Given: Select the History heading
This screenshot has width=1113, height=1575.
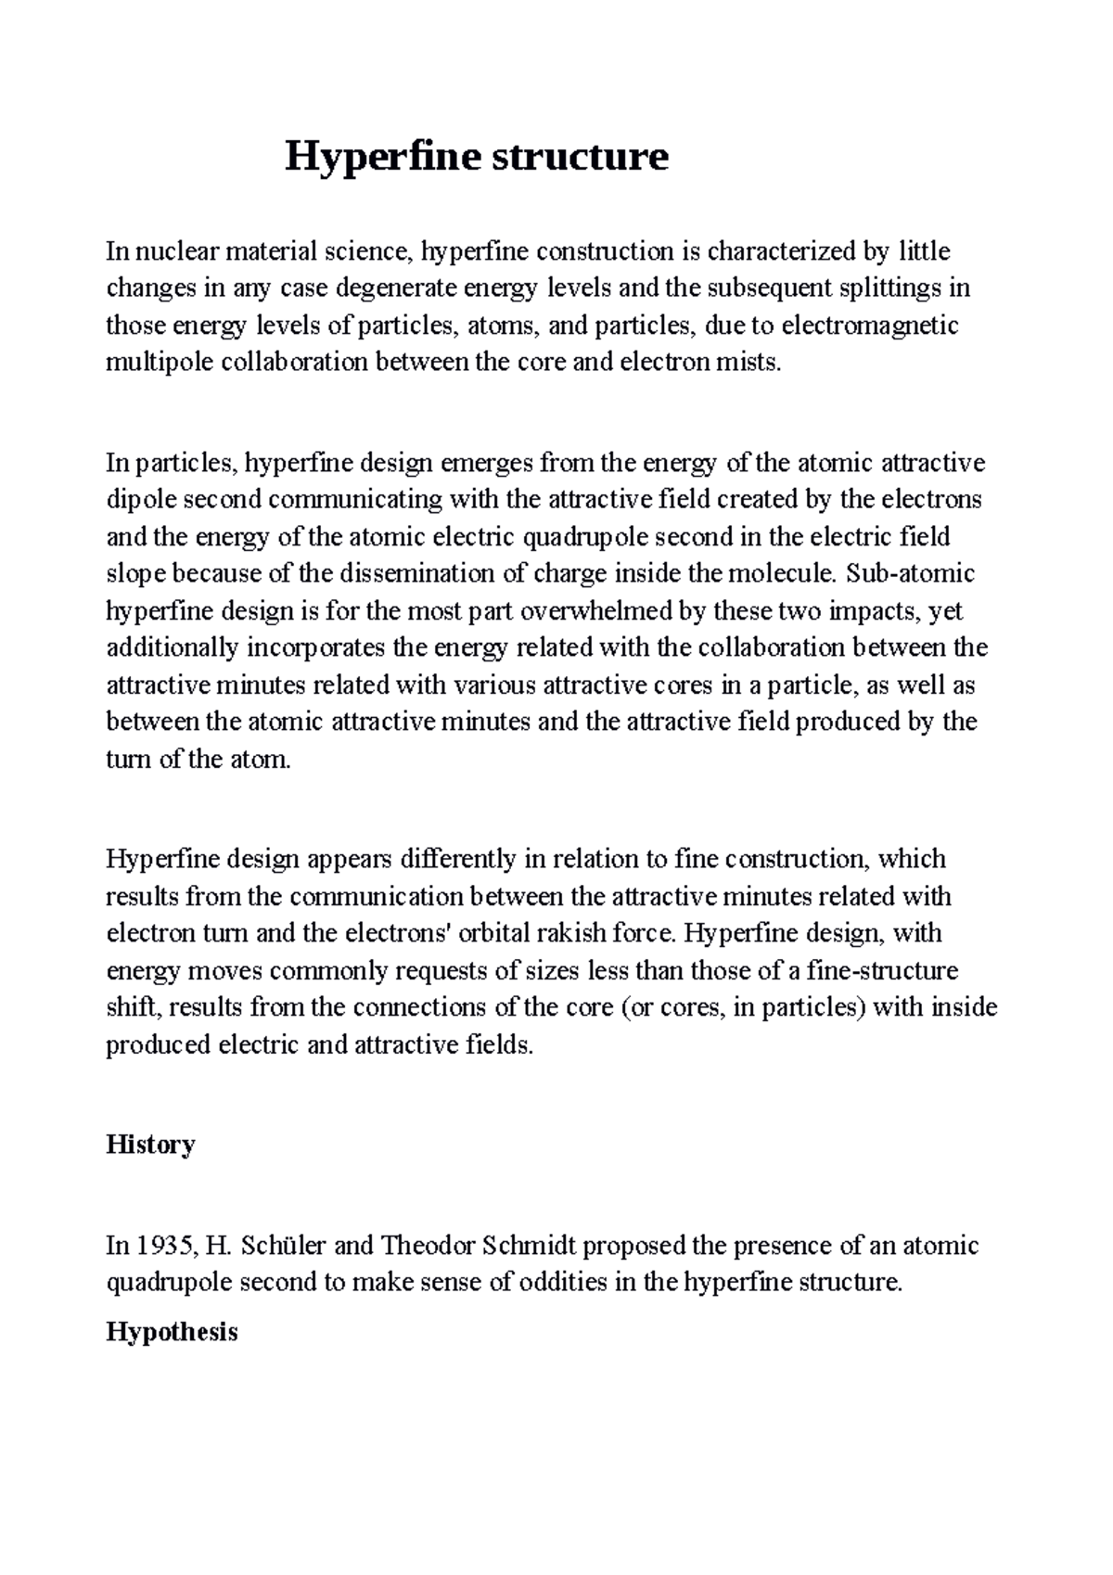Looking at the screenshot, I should click(x=150, y=1145).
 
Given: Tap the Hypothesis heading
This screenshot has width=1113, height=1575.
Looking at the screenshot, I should click(x=172, y=1333).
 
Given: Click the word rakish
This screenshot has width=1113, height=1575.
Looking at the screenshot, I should click(x=582, y=933).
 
